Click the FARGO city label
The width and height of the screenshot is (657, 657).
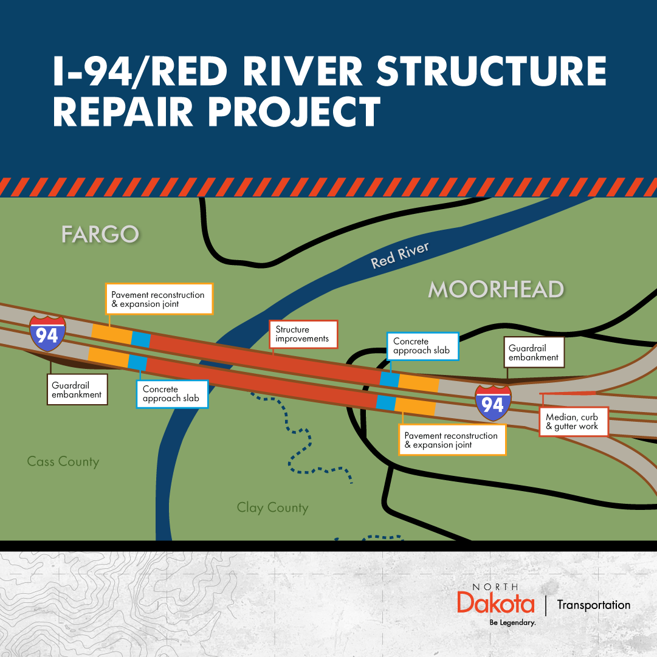(100, 234)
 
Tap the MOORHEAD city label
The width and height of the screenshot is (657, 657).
(496, 289)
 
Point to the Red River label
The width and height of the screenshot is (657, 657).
(400, 255)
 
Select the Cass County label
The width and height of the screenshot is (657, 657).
(63, 462)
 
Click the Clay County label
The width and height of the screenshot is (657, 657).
(273, 508)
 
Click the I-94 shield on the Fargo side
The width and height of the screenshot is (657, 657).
(48, 334)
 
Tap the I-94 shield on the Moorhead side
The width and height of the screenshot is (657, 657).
(493, 403)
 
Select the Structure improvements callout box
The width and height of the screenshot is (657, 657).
(303, 334)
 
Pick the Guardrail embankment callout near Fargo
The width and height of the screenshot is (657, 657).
(77, 390)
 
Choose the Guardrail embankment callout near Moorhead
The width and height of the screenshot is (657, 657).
(534, 353)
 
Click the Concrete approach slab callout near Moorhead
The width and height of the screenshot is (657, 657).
(423, 346)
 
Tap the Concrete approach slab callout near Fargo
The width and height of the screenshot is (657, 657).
(172, 394)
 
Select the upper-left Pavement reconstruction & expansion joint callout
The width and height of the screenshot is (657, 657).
(159, 299)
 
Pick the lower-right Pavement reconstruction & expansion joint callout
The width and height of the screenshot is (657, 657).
(452, 440)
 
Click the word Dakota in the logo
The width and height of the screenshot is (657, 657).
(496, 603)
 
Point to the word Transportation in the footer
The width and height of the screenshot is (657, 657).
(594, 605)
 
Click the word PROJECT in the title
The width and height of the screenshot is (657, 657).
(295, 111)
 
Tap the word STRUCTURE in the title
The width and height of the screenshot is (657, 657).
(492, 71)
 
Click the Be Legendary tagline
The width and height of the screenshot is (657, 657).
(513, 622)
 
